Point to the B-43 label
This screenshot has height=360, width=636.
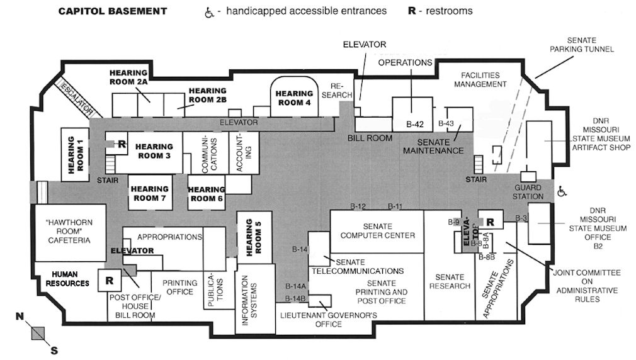pyautogui.click(x=446, y=123)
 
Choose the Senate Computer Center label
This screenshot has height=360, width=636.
pyautogui.click(x=377, y=231)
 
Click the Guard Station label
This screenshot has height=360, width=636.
pyautogui.click(x=528, y=192)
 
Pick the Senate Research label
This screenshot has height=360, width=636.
pyautogui.click(x=449, y=281)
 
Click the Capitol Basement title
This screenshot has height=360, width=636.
pyautogui.click(x=113, y=11)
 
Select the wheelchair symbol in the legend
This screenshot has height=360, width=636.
pyautogui.click(x=209, y=11)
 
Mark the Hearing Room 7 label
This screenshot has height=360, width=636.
pyautogui.click(x=150, y=193)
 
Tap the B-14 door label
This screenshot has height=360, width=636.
pyautogui.click(x=300, y=249)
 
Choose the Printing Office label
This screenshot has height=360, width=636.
pyautogui.click(x=180, y=287)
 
